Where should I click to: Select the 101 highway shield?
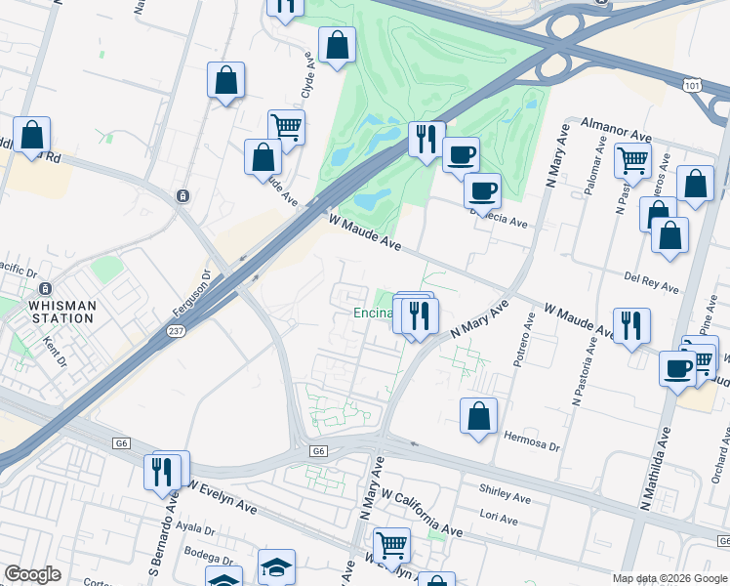tap(694, 86)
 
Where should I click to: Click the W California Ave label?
tap(422, 514)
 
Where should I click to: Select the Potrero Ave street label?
tap(523, 340)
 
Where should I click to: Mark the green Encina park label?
tap(372, 314)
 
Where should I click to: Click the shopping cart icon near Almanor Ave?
tap(632, 158)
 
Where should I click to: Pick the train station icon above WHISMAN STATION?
tap(44, 290)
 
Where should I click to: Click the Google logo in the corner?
tap(32, 574)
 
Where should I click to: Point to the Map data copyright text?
tap(669, 578)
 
